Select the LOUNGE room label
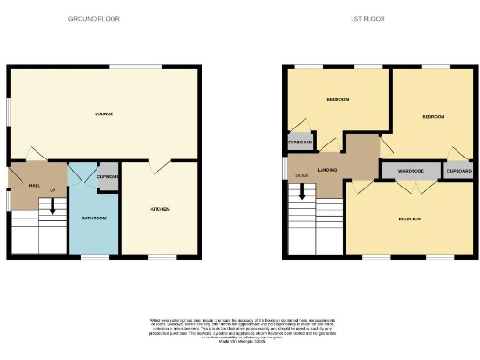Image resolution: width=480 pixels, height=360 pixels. (x=104, y=114)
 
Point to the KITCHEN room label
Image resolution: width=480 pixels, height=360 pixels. (x=160, y=208)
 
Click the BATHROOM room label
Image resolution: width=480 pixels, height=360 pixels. (x=93, y=217)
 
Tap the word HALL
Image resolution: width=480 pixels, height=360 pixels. (x=34, y=186)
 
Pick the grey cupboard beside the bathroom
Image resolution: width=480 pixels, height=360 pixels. (x=107, y=179)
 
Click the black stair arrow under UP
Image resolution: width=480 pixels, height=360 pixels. (x=52, y=208)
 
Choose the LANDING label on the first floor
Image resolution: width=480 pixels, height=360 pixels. (x=327, y=169)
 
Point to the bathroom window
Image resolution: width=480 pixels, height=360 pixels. (x=92, y=256)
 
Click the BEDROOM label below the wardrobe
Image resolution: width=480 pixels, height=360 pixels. (x=410, y=218)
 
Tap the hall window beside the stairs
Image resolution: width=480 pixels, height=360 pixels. (x=7, y=199)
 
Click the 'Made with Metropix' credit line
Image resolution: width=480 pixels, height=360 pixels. (x=240, y=338)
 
